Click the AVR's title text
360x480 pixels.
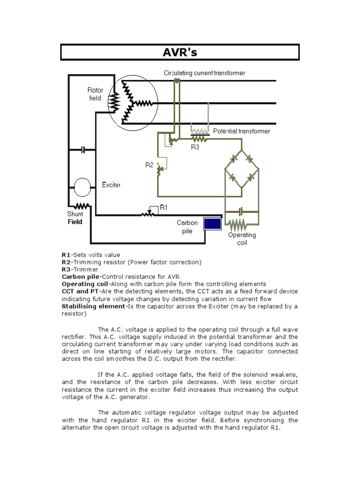pyautogui.click(x=180, y=52)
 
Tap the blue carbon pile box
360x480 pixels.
pyautogui.click(x=212, y=224)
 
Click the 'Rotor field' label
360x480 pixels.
pyautogui.click(x=96, y=94)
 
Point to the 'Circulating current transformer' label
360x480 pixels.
pyautogui.click(x=204, y=73)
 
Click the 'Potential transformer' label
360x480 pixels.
pyautogui.click(x=241, y=131)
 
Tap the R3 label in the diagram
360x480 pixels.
pyautogui.click(x=195, y=147)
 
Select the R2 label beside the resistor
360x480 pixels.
pyautogui.click(x=149, y=165)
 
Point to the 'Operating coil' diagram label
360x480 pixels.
pyautogui.click(x=242, y=239)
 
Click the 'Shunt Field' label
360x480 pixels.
pyautogui.click(x=75, y=218)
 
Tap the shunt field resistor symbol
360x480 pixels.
pyautogui.click(x=82, y=206)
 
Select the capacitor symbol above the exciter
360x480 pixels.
pyautogui.click(x=83, y=150)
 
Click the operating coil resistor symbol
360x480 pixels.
pyautogui.click(x=241, y=222)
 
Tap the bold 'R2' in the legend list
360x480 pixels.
pyautogui.click(x=66, y=262)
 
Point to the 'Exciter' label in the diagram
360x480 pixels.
pyautogui.click(x=111, y=185)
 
